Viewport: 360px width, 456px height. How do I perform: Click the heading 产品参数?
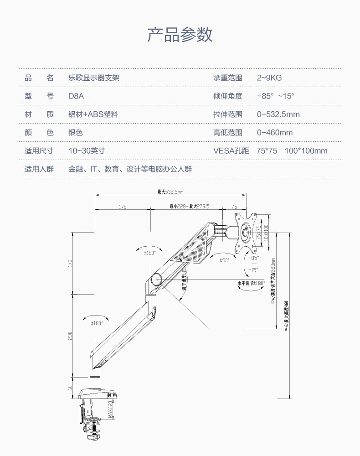pos(180,35)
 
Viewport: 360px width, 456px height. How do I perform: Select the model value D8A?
pos(76,96)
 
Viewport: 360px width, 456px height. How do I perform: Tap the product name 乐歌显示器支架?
pos(94,78)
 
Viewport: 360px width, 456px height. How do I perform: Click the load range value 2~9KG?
pos(269,78)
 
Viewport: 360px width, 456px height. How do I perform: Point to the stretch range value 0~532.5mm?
pos(278,114)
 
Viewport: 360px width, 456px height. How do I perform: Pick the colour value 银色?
pos(76,133)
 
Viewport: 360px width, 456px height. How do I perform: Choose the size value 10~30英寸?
pos(87,151)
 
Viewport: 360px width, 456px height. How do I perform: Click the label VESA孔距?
pos(231,151)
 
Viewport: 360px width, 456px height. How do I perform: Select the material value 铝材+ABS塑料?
pos(93,114)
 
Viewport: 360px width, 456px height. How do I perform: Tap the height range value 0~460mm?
pos(275,133)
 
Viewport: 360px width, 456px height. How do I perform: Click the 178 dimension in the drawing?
pos(123,207)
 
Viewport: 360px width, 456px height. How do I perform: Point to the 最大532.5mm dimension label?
pos(170,192)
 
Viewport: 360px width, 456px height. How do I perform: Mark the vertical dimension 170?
pos(70,263)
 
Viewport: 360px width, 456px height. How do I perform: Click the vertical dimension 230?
pos(70,335)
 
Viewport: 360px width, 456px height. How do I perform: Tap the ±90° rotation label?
pos(224,260)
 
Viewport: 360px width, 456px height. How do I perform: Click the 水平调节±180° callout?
pos(251,283)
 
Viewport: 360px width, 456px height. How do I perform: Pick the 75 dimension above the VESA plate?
pos(234,207)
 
